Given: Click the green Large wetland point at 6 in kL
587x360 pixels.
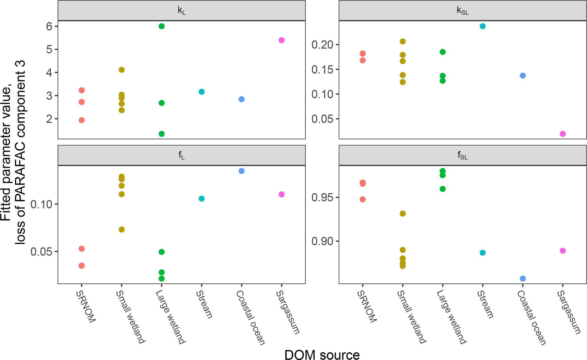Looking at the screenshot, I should (162, 26).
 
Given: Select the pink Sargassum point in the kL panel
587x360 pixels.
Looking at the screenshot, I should (281, 40).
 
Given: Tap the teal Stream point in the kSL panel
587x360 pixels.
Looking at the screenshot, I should (482, 26).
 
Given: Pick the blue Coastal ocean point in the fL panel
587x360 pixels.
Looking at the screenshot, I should (241, 171).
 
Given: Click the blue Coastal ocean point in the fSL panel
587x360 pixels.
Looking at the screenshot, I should (523, 279).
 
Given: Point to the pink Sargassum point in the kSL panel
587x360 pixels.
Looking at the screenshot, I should (563, 134).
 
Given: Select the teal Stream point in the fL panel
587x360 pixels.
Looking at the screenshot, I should (201, 198).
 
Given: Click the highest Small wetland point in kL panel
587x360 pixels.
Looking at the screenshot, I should (122, 70).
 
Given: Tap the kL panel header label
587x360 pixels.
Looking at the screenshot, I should (181, 11).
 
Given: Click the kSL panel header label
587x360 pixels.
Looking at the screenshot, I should (462, 11).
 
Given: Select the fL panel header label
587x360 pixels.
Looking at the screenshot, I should (181, 155).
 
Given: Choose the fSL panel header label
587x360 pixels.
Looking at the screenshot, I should (462, 155).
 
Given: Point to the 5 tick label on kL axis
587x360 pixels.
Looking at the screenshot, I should (48, 49).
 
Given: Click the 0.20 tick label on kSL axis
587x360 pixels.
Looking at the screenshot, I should (322, 45).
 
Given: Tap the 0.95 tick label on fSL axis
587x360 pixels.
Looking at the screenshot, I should (322, 197).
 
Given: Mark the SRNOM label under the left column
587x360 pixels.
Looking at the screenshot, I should (86, 307).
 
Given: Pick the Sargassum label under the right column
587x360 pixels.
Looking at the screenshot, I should (569, 312).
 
